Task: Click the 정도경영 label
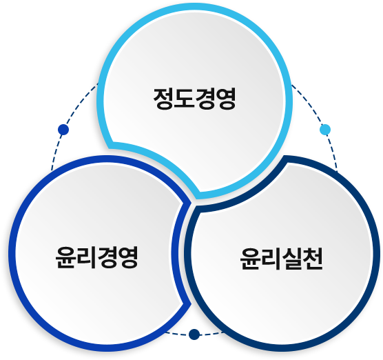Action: coord(195,99)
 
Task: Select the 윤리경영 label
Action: coord(97,257)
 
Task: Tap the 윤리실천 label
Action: coord(281,259)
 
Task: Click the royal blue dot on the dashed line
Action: coord(63,130)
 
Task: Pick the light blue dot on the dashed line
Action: coord(325,130)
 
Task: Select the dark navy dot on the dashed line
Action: coord(194,334)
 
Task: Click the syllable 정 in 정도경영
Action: coord(163,99)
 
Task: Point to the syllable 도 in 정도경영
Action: coord(184,99)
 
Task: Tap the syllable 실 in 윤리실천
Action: coord(292,259)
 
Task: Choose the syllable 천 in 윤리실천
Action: coord(313,259)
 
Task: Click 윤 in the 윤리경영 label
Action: coord(65,257)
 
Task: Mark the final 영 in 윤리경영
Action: coord(129,257)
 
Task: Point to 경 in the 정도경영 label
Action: coord(205,99)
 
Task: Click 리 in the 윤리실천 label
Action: coord(271,259)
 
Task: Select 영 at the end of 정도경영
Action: coord(226,99)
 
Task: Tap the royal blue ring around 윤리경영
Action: coord(12,253)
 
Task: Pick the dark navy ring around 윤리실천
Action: coord(377,253)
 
